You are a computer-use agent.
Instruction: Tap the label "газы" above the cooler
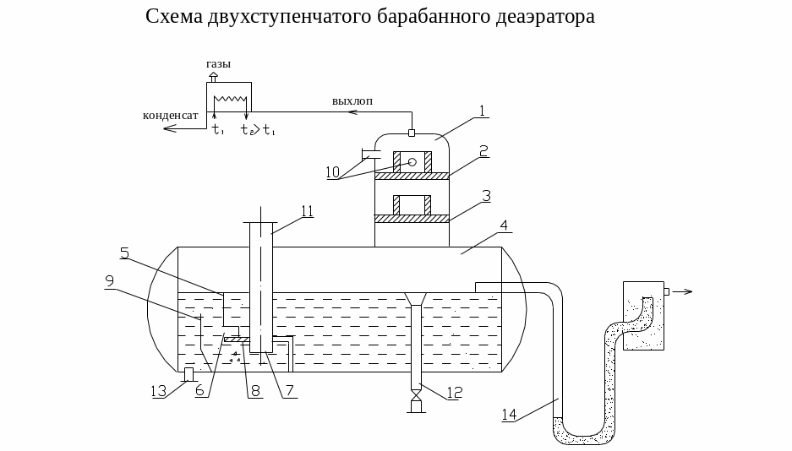[218, 64]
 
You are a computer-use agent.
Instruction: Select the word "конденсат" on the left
[171, 115]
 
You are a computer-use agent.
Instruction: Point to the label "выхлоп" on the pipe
[352, 101]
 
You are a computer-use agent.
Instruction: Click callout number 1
[481, 110]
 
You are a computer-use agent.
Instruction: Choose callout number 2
[483, 150]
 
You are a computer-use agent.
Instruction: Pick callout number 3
[485, 194]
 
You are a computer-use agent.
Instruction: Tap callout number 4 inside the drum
[503, 225]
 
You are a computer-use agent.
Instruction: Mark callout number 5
[123, 252]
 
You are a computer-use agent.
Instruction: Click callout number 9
[109, 280]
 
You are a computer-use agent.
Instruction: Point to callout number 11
[308, 211]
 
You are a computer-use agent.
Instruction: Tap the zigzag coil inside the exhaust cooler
[230, 97]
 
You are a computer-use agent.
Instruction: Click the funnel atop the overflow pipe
[415, 299]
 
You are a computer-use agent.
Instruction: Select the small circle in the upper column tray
[412, 162]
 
